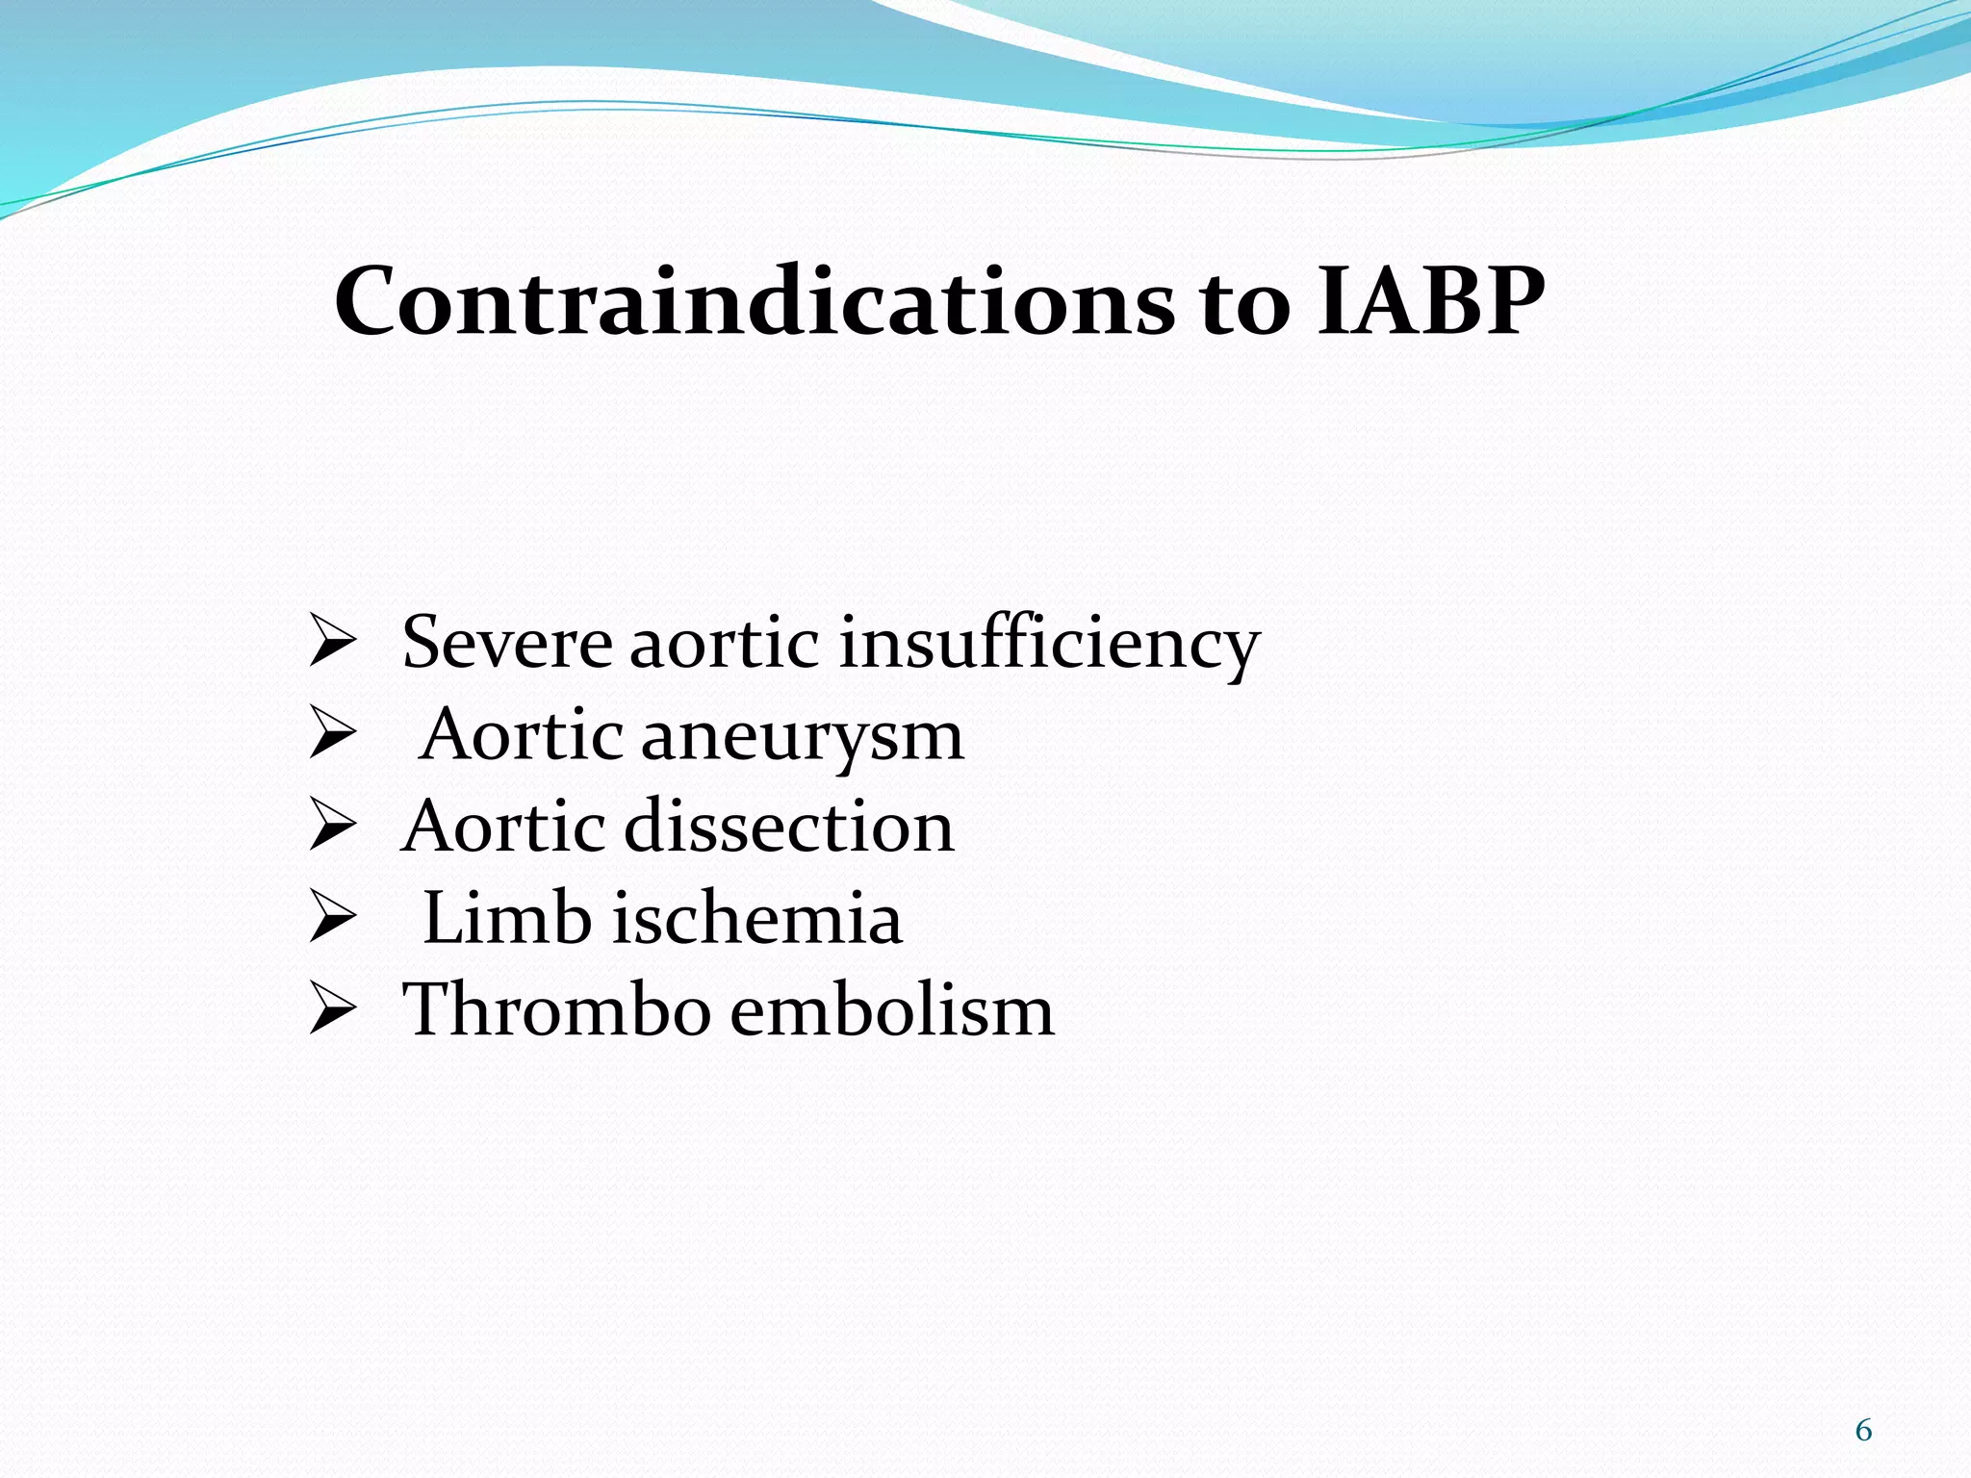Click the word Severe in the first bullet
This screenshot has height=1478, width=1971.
(x=506, y=642)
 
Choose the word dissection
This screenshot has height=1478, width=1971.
(x=789, y=827)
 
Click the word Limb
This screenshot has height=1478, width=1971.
(x=507, y=918)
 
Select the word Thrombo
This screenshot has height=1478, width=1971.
(x=556, y=1009)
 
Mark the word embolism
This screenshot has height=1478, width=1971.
(x=892, y=1009)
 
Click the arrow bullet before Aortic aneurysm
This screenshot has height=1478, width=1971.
(x=333, y=737)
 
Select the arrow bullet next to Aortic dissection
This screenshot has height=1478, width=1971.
(x=333, y=828)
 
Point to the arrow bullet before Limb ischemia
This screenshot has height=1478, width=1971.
(x=333, y=921)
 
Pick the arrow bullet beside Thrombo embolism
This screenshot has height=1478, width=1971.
(x=333, y=1012)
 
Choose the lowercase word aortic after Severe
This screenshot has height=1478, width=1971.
(x=725, y=644)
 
